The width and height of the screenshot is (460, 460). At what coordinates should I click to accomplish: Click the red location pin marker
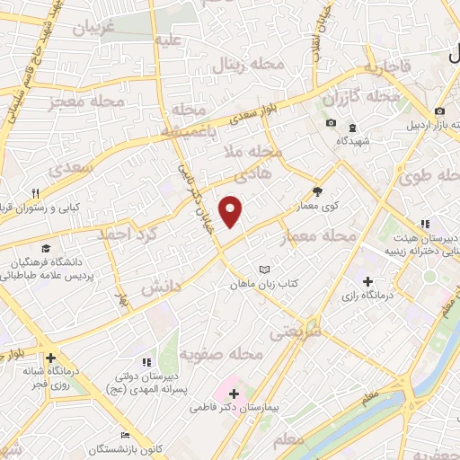point(232,211)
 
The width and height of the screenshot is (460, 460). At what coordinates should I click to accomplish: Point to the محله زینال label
point(250,64)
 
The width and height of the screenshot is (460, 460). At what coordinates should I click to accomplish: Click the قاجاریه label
point(388,67)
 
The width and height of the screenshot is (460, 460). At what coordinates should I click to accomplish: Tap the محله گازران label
point(360,95)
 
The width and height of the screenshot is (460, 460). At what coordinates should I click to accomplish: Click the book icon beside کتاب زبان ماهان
point(264,269)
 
